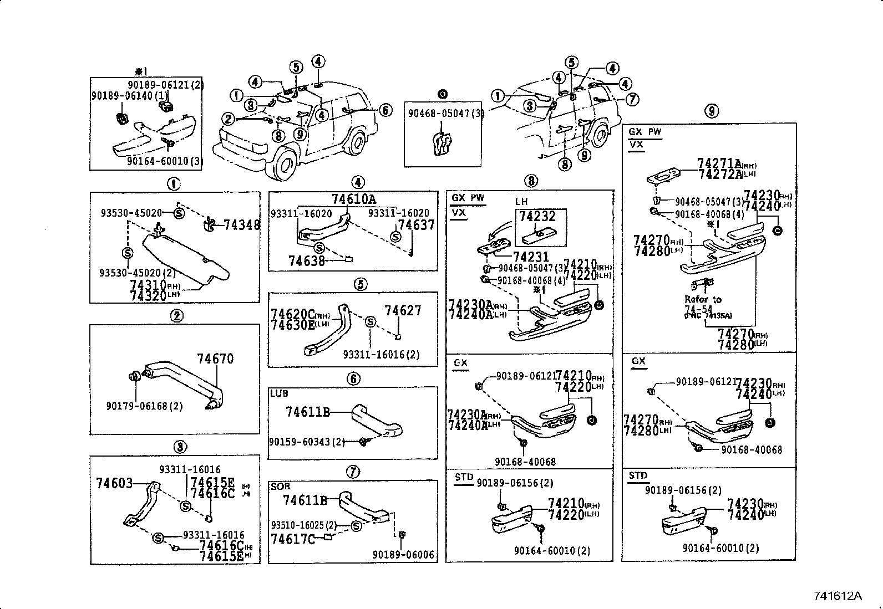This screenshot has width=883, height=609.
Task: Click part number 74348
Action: pyautogui.click(x=242, y=224)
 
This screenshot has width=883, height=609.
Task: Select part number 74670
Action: pyautogui.click(x=215, y=359)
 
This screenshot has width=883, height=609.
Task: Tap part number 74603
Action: pyautogui.click(x=114, y=483)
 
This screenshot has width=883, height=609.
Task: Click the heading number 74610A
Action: pyautogui.click(x=354, y=199)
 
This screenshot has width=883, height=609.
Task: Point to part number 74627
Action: pyautogui.click(x=403, y=311)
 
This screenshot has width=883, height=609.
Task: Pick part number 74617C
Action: pyautogui.click(x=293, y=538)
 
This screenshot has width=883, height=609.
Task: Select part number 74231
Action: pyautogui.click(x=531, y=257)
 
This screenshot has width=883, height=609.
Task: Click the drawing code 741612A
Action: pyautogui.click(x=838, y=596)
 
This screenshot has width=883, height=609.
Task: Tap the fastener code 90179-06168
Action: pyautogui.click(x=144, y=406)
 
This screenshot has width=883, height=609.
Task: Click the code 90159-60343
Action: pyautogui.click(x=306, y=442)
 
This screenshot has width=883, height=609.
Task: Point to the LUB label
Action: pyautogui.click(x=279, y=393)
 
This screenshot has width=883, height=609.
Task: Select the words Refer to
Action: pyautogui.click(x=702, y=299)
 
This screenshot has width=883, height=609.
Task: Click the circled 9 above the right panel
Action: pyautogui.click(x=712, y=111)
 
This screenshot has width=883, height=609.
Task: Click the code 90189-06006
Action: pyautogui.click(x=403, y=555)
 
